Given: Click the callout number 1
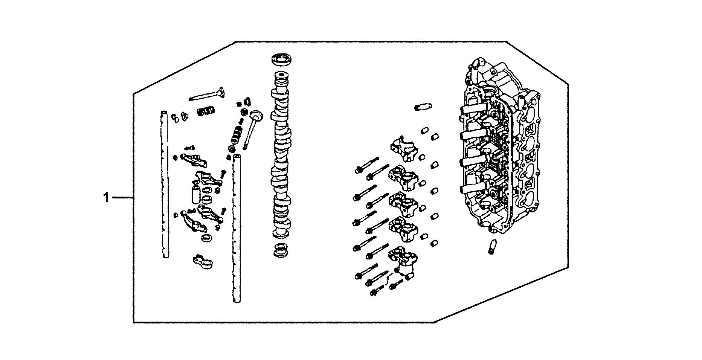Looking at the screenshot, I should click(x=107, y=197).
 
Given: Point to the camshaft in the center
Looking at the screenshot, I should click(x=281, y=158).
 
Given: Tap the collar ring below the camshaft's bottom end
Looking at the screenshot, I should click(x=280, y=250).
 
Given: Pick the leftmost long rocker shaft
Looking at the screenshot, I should click(x=164, y=185).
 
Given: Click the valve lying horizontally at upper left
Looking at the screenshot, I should click(x=207, y=94).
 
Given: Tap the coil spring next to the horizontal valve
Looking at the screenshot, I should click(x=206, y=111).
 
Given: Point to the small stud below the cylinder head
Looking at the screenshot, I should click(x=492, y=246).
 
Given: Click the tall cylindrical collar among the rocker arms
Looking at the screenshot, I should click(x=195, y=193).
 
